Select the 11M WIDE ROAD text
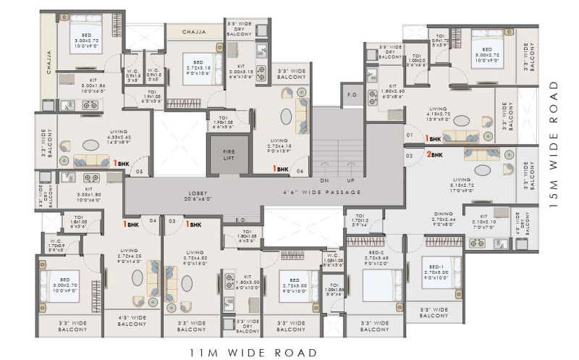pyautogui.click(x=253, y=353)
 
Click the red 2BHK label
pyautogui.click(x=434, y=154)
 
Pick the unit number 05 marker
pyautogui.click(x=138, y=172)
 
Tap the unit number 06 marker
pyautogui.click(x=300, y=171)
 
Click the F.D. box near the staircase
pyautogui.click(x=352, y=94)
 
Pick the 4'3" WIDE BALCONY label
pyautogui.click(x=132, y=321)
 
